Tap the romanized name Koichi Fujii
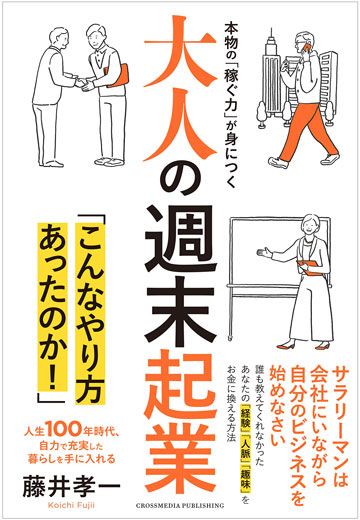click(71, 506)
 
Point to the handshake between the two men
click(82, 83)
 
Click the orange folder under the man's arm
click(117, 75)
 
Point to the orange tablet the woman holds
click(309, 267)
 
